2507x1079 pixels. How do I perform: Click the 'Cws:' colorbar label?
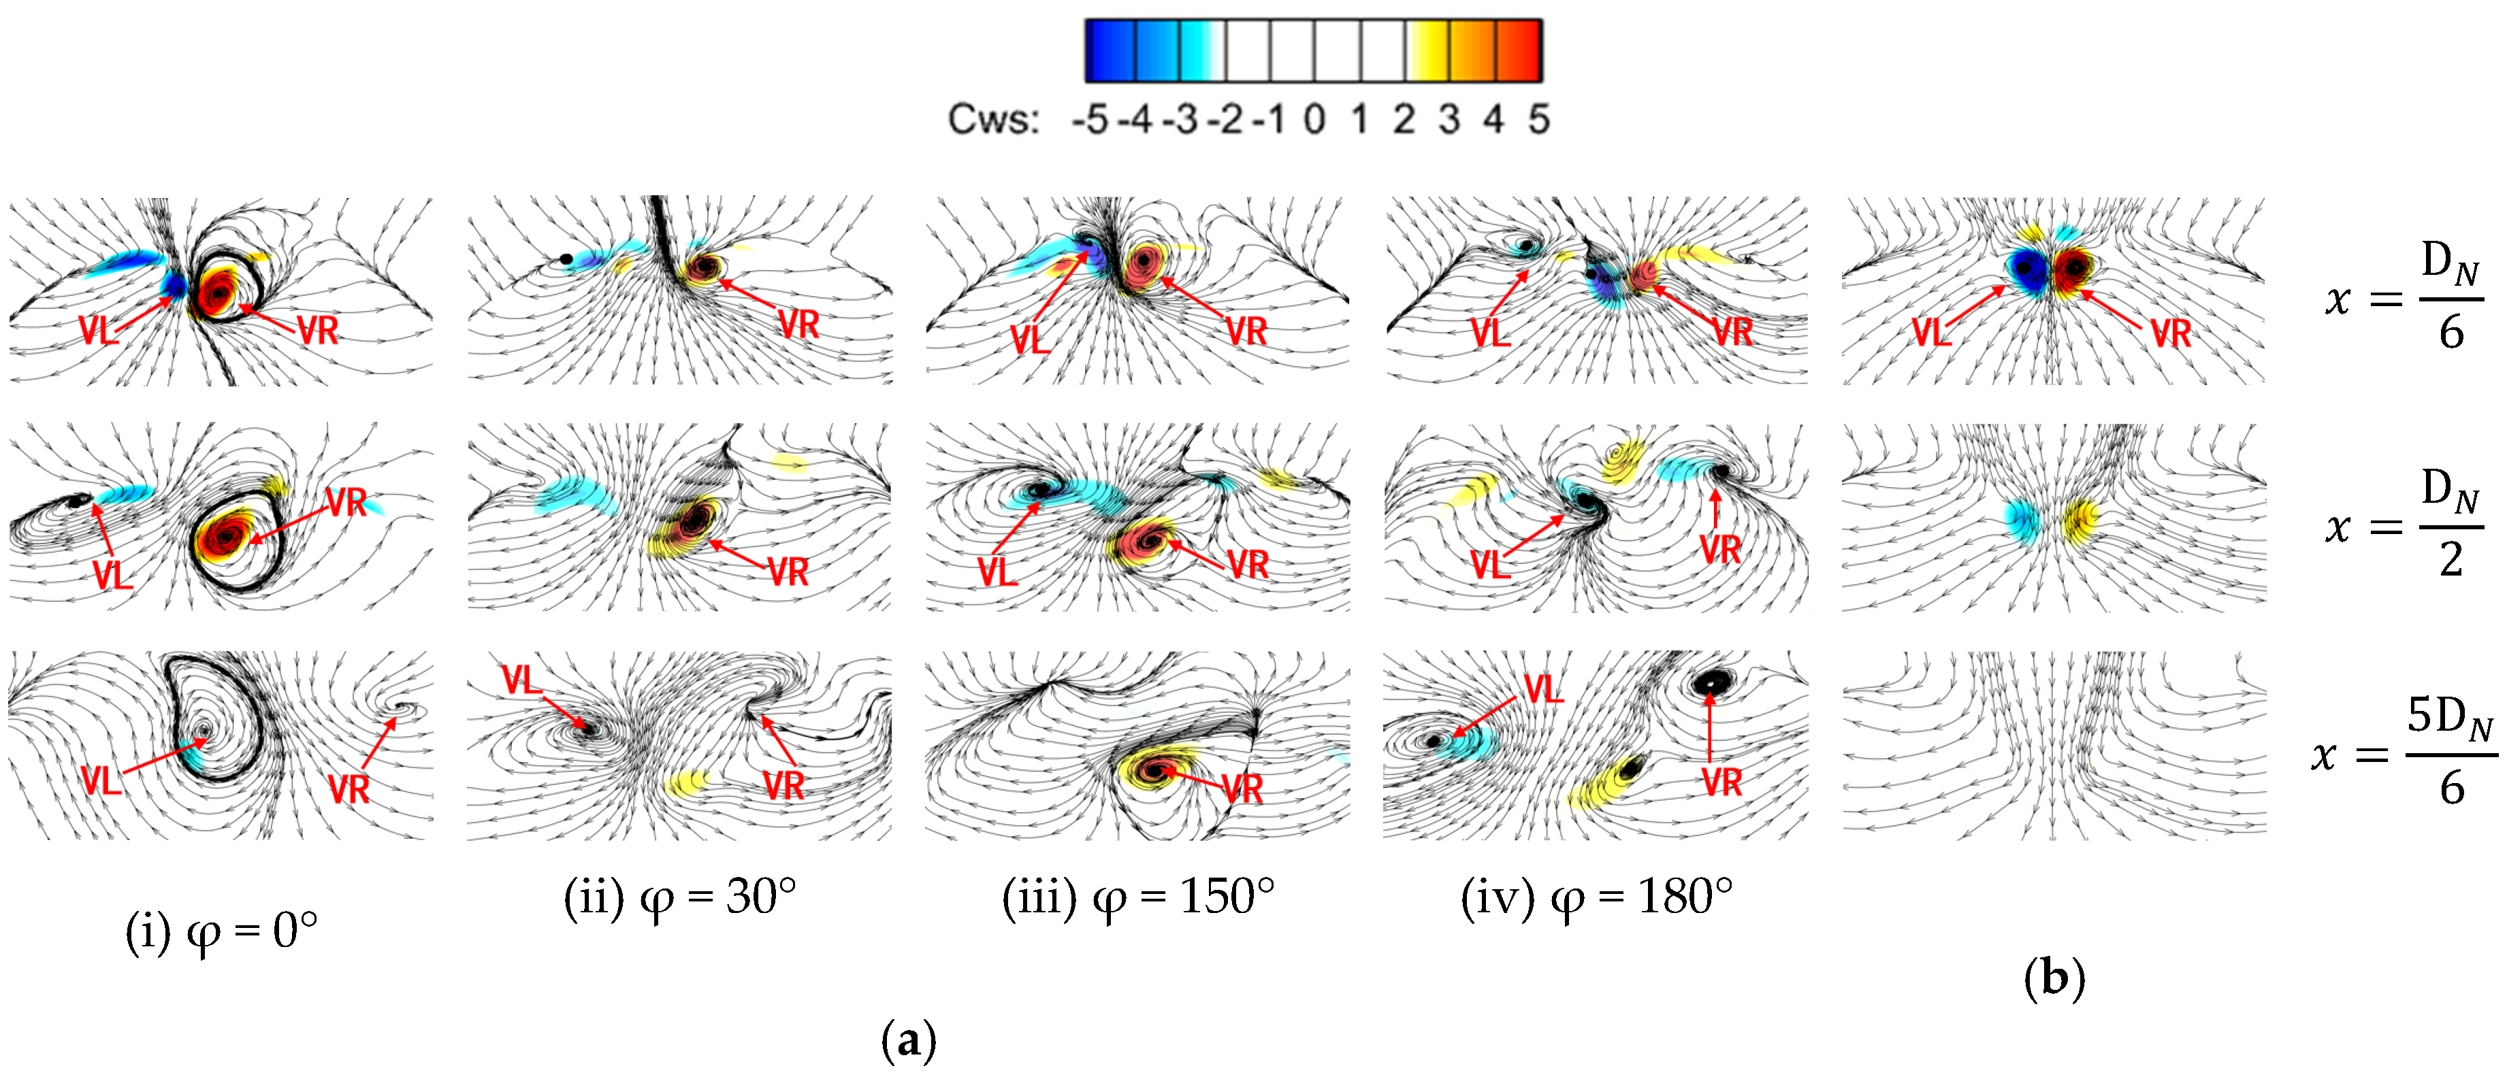coord(992,120)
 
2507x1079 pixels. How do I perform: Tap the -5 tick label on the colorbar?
coord(1090,120)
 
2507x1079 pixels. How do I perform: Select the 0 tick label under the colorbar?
coord(1314,120)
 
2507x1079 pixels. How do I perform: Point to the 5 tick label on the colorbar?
coord(1538,120)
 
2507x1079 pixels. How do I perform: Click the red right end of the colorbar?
coord(1523,50)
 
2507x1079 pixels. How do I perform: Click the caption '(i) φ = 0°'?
coord(222,931)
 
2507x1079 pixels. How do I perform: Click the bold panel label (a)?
coord(908,1040)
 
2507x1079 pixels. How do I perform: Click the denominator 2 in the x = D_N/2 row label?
coord(2451,559)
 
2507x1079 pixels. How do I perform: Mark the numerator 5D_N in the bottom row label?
coord(2451,718)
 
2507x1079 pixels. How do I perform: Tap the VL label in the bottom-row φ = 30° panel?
coord(521,680)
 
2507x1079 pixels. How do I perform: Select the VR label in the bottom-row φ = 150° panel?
coord(1242,788)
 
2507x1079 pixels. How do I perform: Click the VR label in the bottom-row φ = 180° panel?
coord(1721,782)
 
